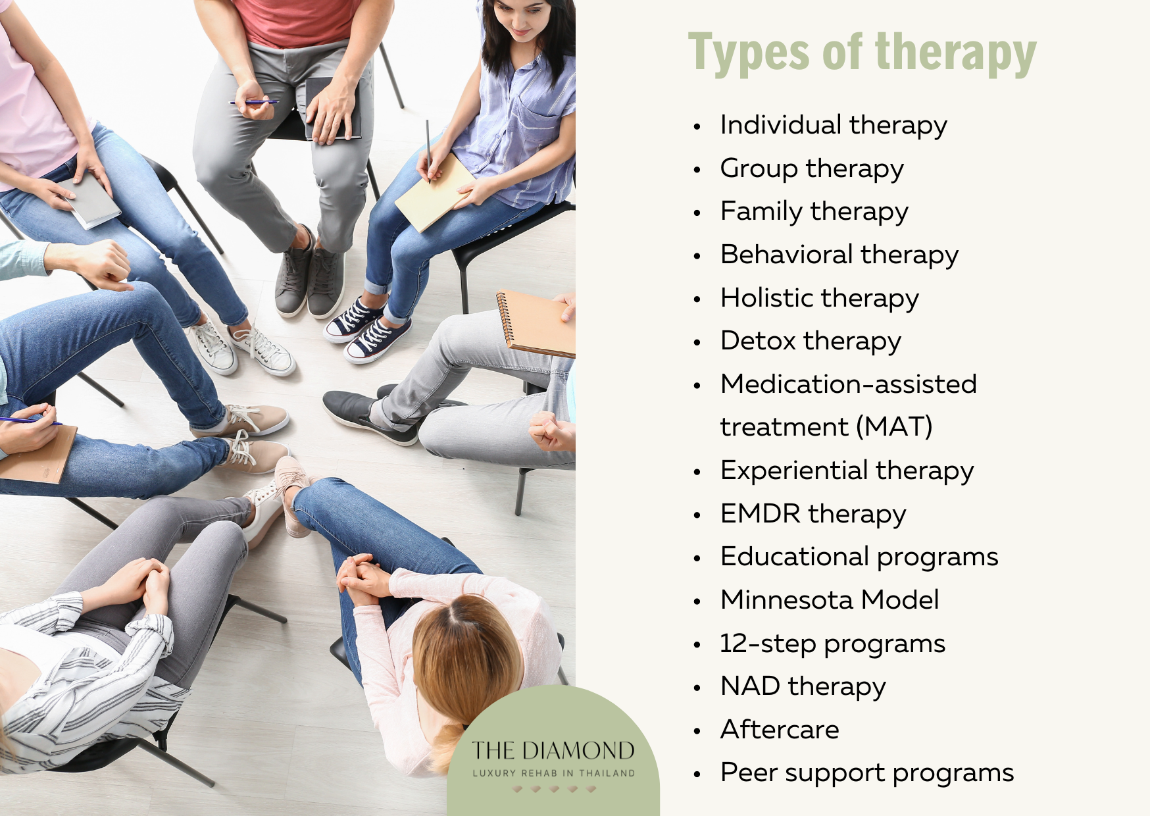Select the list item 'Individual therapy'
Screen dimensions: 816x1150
[x=834, y=125]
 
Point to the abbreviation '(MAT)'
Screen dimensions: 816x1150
[x=894, y=426]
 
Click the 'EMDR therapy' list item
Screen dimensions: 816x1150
[x=813, y=514]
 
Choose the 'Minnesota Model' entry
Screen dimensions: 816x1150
[x=830, y=600]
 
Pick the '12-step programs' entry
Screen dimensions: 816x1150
[x=832, y=644]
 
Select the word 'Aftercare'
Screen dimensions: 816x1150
[x=780, y=730]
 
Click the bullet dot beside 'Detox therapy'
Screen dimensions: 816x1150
[x=697, y=342]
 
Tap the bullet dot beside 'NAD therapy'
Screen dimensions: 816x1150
[x=697, y=688]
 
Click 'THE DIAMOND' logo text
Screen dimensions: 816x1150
[x=553, y=751]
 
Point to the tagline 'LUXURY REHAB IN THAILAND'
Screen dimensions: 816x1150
[x=553, y=773]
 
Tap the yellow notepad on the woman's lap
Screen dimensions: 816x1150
[x=434, y=193]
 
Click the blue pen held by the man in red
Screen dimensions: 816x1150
[x=253, y=103]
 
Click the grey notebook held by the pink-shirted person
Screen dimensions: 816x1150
[x=92, y=201]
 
